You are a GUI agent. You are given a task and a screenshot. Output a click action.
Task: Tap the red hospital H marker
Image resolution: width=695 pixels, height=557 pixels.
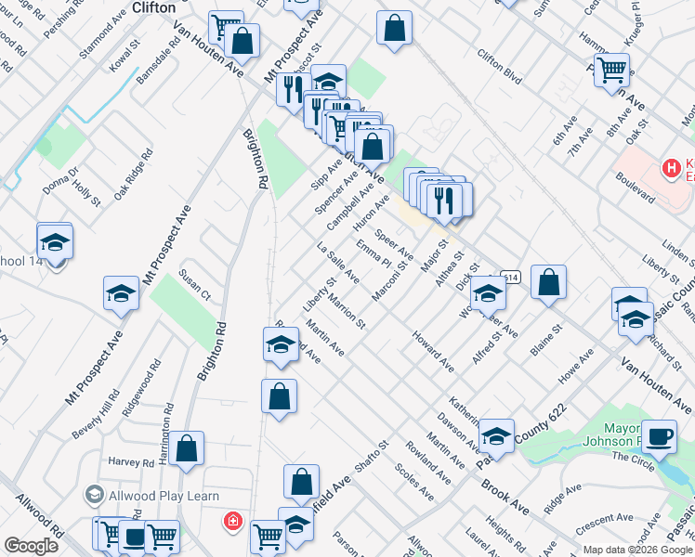point(671,168)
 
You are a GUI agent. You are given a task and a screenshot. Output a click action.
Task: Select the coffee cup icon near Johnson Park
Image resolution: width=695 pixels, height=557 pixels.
point(660,435)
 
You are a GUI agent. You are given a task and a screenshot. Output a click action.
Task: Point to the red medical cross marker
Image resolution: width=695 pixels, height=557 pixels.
point(231,523)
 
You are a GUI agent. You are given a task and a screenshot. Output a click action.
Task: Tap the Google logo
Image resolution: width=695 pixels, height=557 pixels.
point(31,546)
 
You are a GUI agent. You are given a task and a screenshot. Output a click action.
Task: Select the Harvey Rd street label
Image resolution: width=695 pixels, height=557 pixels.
point(129,461)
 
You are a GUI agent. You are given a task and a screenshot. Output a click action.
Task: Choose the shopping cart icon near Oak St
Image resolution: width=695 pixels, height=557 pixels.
point(611,69)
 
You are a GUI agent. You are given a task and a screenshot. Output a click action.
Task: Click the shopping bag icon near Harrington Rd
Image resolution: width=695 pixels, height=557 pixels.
point(187,449)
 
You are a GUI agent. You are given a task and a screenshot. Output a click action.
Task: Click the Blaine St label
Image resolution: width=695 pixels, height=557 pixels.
point(545,340)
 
